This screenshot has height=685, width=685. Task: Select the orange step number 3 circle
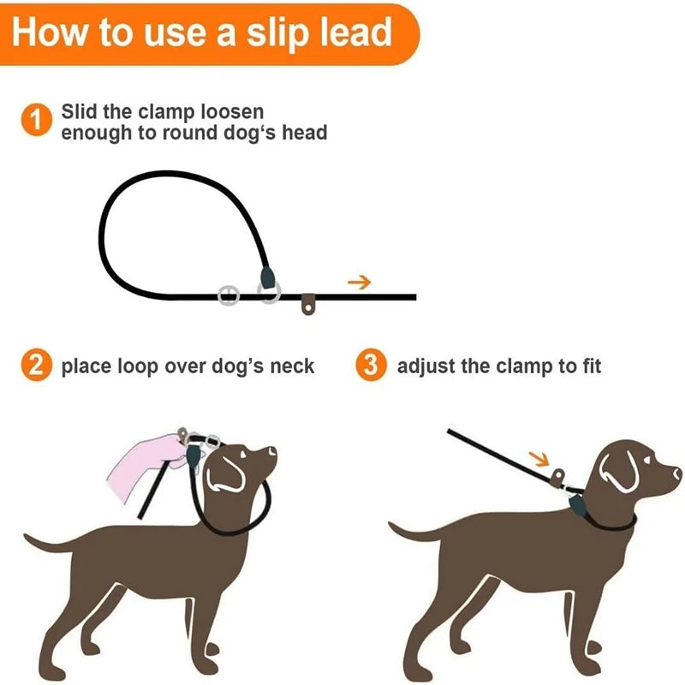coord(369,366)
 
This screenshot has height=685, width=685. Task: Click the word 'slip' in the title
coord(259,32)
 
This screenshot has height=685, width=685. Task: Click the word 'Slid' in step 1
coord(81,112)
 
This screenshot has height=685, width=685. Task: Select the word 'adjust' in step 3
coord(426,367)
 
